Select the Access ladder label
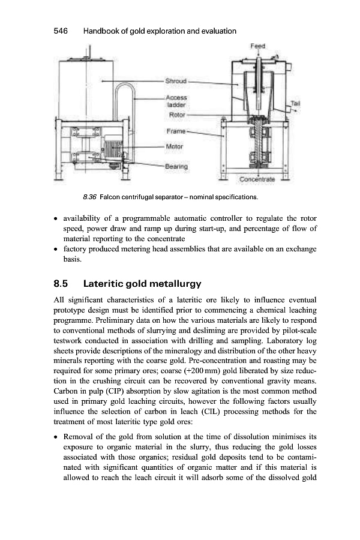coord(176,100)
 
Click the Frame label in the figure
coord(175,130)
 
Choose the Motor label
coord(173,146)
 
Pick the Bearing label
coord(177,166)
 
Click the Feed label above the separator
coord(259,46)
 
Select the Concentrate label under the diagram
coord(257,179)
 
